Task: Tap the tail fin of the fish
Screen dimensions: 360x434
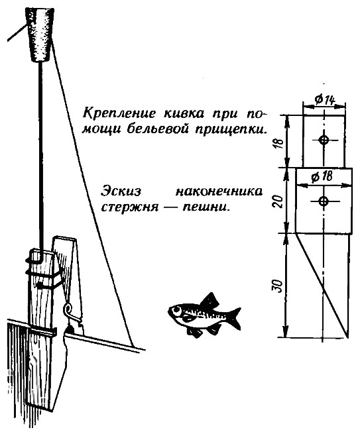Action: coord(235,318)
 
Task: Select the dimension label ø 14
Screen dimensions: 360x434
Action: coord(325,99)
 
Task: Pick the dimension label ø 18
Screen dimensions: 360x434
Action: coord(322,177)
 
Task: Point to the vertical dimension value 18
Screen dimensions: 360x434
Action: coord(280,143)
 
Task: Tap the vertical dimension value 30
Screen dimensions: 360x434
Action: coord(279,286)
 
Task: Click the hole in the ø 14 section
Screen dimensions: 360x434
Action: coord(324,140)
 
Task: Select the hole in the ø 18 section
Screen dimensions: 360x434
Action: coord(324,201)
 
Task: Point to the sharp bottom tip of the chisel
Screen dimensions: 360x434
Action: coord(347,337)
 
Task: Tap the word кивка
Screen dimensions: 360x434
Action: coord(184,113)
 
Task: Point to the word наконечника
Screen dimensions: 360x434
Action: coord(219,191)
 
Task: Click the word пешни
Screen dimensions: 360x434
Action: coord(206,207)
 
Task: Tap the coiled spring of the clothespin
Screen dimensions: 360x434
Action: coord(68,307)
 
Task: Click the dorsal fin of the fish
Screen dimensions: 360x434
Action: coord(211,299)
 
